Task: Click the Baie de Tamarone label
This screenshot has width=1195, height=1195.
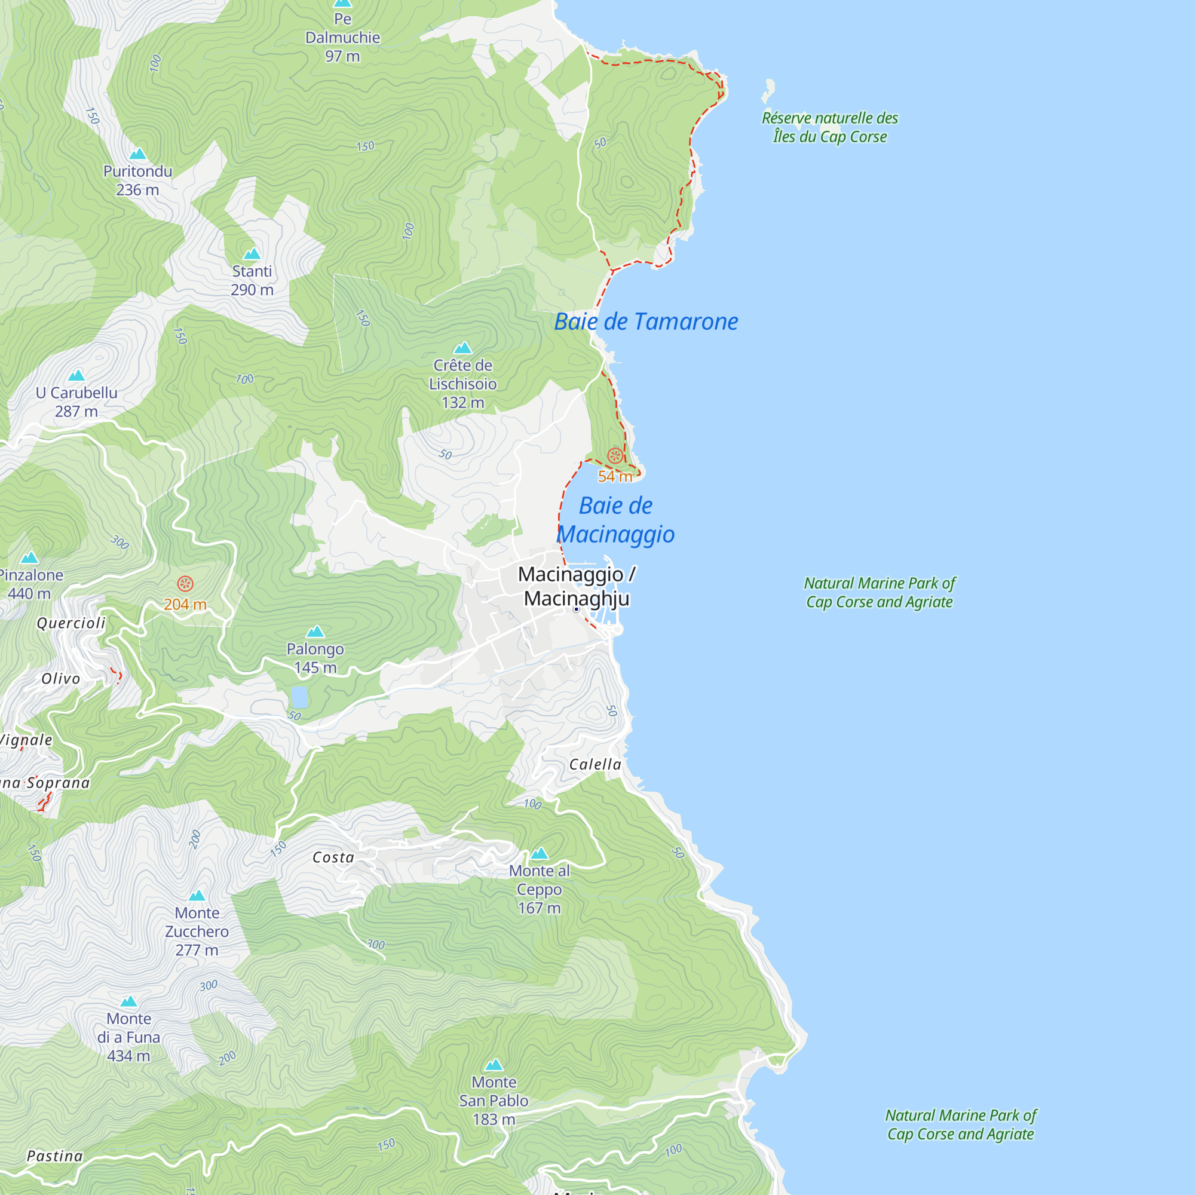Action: pos(646,321)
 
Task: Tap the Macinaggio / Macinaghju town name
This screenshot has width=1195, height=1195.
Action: pos(577,586)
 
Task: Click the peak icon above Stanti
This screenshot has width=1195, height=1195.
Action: pos(252,253)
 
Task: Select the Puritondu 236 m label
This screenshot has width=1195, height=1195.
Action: pos(137,180)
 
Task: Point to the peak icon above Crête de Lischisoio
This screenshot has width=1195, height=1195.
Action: pos(462,348)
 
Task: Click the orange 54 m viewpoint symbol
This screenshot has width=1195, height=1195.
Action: pos(615,456)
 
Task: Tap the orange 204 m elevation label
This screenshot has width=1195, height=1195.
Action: pos(185,604)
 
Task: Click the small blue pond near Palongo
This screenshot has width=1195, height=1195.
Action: pos(299,697)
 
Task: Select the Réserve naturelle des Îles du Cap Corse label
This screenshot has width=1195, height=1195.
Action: pos(829,127)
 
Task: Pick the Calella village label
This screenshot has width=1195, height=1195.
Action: pos(595,765)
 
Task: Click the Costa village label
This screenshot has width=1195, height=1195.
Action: pos(333,857)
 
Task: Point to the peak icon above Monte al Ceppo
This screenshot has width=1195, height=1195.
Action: pos(540,854)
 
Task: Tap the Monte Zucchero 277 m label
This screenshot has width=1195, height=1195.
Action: pos(197,932)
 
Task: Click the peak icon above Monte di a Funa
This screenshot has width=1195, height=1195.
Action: pos(128,1001)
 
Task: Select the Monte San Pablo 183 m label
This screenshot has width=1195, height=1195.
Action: pos(494,1101)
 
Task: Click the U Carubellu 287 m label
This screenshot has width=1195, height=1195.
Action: pos(76,402)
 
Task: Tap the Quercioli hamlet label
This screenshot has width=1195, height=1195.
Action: pos(71,623)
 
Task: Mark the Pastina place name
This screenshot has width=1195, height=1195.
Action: pos(54,1156)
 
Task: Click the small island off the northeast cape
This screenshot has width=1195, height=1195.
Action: pos(768,90)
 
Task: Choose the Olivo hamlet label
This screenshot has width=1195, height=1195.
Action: pos(60,679)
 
